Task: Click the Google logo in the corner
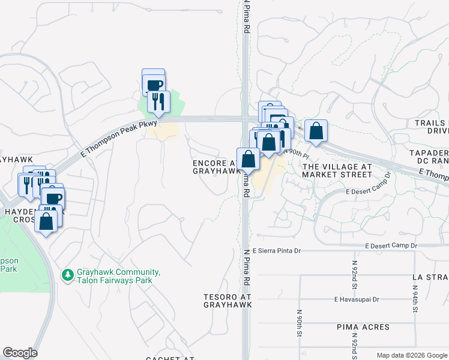(x=20, y=353)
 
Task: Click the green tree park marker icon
(x=67, y=275)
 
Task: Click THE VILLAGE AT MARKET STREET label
(x=337, y=170)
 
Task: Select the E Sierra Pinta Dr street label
(x=285, y=250)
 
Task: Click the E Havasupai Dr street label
(x=358, y=299)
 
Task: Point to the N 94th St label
(x=415, y=293)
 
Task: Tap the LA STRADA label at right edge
(x=430, y=277)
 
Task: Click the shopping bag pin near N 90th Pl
(x=316, y=131)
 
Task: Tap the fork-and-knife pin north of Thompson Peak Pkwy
(x=158, y=101)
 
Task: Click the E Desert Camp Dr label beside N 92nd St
(x=389, y=245)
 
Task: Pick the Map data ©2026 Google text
(x=412, y=355)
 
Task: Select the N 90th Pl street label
(x=295, y=152)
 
